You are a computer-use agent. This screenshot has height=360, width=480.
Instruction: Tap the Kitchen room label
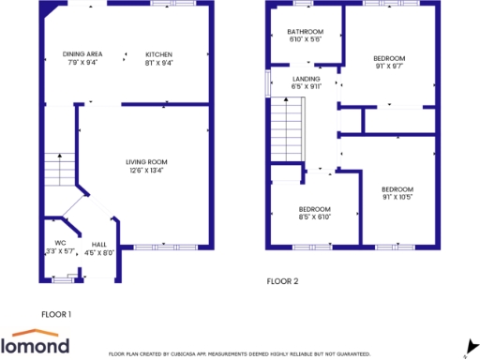[x=157, y=54]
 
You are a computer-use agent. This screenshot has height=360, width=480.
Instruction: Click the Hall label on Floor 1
[x=98, y=245]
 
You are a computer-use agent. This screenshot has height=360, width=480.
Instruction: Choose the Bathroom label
[x=305, y=32]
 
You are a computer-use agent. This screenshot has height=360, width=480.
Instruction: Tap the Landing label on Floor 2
[x=306, y=79]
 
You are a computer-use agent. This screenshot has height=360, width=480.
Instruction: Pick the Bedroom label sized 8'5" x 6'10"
[x=313, y=209]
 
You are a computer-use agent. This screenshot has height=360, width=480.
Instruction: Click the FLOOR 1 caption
[x=56, y=314]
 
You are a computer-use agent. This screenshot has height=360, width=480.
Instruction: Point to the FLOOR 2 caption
[x=282, y=280]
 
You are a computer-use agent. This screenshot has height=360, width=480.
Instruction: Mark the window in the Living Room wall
[x=165, y=247]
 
